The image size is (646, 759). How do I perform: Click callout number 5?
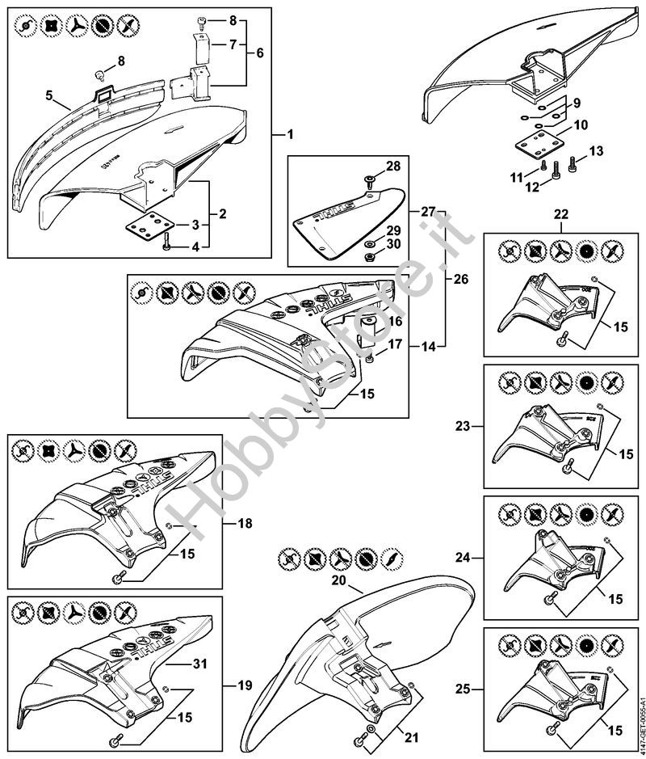click(50, 95)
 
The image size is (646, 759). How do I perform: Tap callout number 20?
click(338, 580)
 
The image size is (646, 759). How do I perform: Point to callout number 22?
click(560, 215)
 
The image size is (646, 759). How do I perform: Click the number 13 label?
click(596, 151)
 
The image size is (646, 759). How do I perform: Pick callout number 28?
click(392, 167)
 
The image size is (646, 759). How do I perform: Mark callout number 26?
click(460, 280)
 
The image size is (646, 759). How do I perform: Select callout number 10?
click(581, 126)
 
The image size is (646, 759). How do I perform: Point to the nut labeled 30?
click(367, 256)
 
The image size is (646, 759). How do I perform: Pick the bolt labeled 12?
click(554, 169)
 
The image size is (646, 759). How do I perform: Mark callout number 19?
click(245, 685)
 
